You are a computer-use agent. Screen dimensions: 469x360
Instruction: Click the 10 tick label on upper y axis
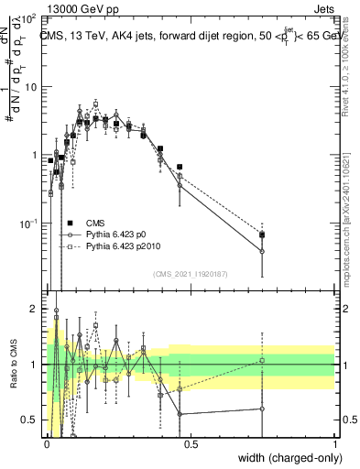29,87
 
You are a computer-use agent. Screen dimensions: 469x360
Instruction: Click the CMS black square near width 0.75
262,235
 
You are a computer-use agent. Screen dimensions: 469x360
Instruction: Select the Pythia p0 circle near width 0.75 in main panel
262,251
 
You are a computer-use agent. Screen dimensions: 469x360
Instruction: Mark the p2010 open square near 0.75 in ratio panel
262,360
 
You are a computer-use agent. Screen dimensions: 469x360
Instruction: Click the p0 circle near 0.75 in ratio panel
262,409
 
